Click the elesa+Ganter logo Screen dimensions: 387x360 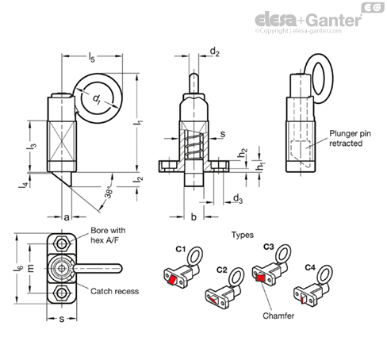pyautogui.click(x=308, y=21)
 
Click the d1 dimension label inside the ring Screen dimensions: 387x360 pyautogui.click(x=97, y=99)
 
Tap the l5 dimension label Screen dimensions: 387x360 pyautogui.click(x=91, y=57)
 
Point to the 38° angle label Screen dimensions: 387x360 pyautogui.click(x=109, y=192)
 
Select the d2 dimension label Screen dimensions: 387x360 pyautogui.click(x=214, y=52)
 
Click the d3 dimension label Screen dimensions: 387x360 pyautogui.click(x=238, y=198)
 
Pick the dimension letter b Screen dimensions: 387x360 pyautogui.click(x=193, y=216)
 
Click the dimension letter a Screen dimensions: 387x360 pyautogui.click(x=67, y=217)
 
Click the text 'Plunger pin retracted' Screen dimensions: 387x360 pyautogui.click(x=350, y=138)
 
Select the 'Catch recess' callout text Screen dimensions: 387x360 pyautogui.click(x=114, y=291)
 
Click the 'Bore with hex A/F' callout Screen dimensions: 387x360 pyautogui.click(x=108, y=235)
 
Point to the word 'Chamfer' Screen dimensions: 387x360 pyautogui.click(x=278, y=316)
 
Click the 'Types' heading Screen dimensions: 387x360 pyautogui.click(x=243, y=235)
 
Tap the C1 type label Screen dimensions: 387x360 pyautogui.click(x=181, y=249)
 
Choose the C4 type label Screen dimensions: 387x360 pyautogui.click(x=310, y=268)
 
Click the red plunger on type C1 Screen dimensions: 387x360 pyautogui.click(x=173, y=280)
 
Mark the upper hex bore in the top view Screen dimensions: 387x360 pyautogui.click(x=62, y=243)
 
